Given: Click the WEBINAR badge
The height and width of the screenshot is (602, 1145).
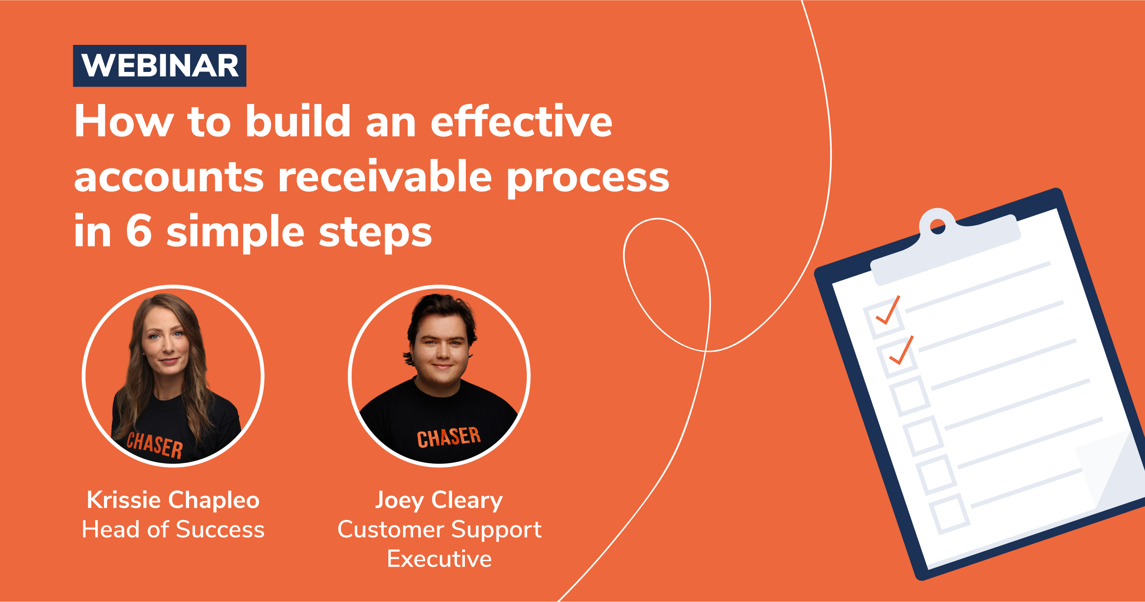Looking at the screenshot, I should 159,66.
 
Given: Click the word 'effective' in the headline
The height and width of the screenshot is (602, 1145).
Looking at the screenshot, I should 521,121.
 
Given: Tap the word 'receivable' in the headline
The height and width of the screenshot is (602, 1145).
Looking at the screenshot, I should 385,177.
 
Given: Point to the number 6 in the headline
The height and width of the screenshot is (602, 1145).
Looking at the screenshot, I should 138,231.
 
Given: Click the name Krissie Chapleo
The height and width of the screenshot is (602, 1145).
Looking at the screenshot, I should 173,500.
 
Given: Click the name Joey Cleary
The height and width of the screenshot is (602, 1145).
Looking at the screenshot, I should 439,500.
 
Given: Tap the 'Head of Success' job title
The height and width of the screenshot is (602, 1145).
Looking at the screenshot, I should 173,530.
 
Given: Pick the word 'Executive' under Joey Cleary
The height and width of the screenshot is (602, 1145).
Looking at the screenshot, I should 439,559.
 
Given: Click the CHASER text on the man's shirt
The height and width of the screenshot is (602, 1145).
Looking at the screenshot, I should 448,437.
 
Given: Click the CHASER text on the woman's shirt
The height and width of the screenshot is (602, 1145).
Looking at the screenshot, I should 154,445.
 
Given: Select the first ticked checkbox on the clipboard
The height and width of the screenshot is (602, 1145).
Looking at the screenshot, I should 884,317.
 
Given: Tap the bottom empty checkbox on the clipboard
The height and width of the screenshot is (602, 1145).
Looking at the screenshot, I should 949,514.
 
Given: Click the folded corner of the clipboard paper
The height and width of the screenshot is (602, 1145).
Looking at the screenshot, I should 1108,472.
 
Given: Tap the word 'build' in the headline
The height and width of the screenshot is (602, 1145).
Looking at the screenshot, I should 298,121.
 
